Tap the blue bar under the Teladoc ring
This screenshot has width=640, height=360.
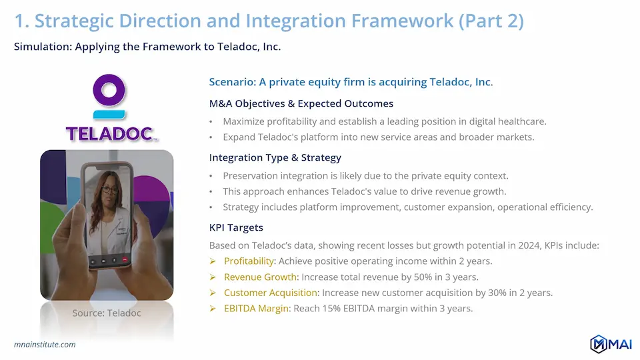109,115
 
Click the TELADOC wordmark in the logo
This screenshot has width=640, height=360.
110,134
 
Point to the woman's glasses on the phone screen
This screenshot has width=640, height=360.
109,190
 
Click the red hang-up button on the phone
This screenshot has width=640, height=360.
125,259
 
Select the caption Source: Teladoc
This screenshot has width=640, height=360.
107,313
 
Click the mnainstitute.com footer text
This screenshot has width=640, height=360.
45,345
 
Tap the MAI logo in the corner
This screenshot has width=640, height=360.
611,344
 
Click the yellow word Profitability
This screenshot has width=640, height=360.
249,261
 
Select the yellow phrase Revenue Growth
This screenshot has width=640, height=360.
261,277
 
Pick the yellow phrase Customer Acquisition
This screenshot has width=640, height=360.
271,293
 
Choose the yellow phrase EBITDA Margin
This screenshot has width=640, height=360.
256,309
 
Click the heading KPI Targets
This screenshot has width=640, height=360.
236,227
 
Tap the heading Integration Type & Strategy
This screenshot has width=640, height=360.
275,157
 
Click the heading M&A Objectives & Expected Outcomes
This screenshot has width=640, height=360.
301,104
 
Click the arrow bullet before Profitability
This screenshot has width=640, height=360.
213,261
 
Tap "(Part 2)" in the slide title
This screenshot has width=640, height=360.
491,21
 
